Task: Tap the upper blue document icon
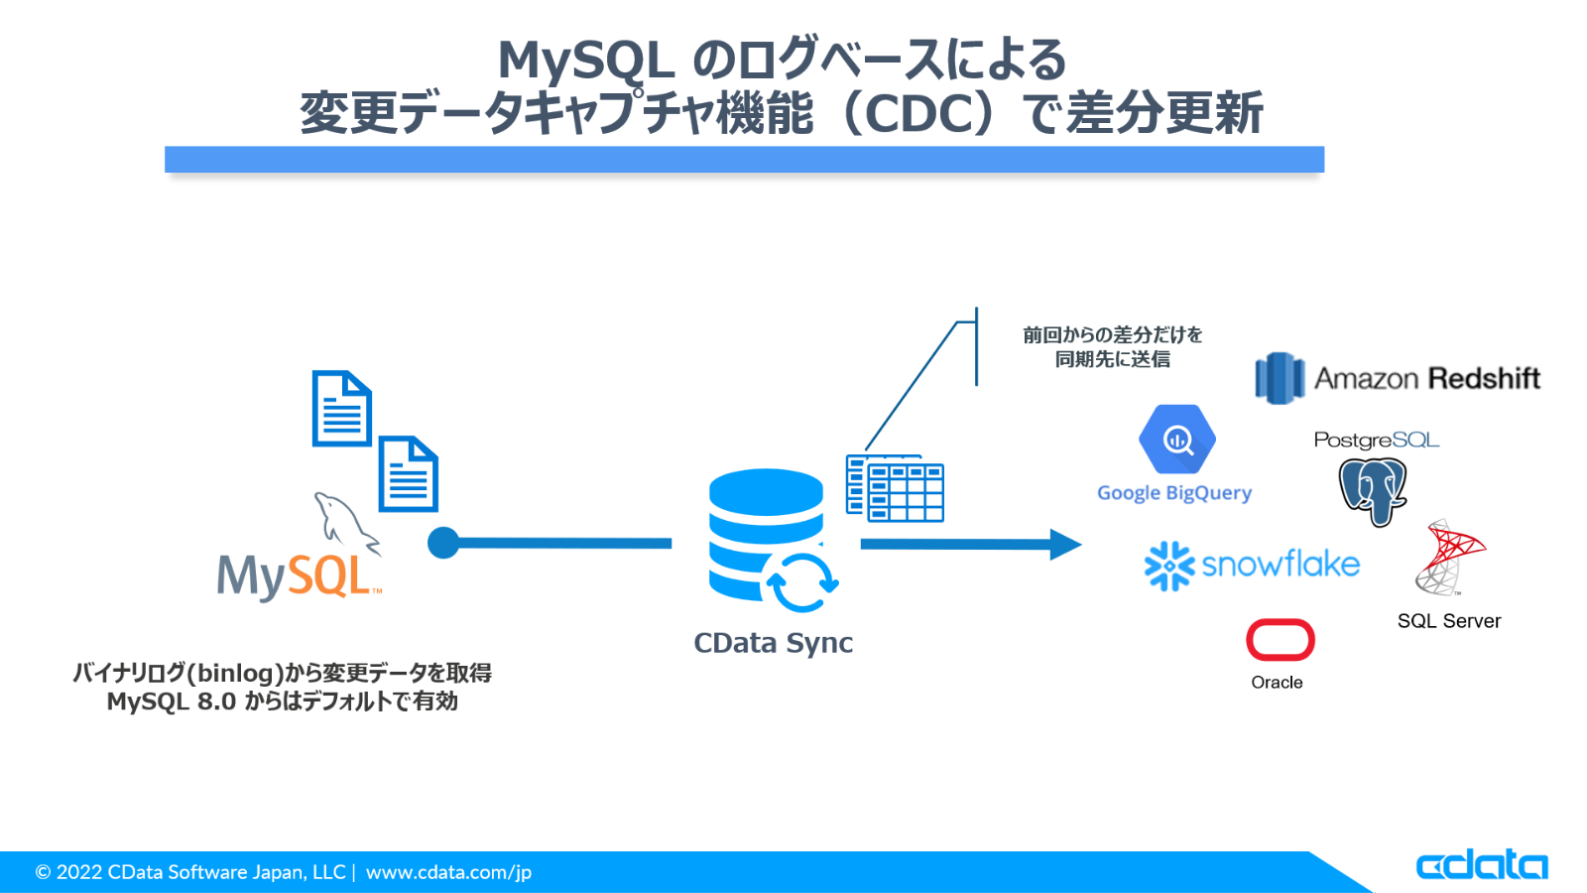pyautogui.click(x=341, y=409)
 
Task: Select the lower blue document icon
pyautogui.click(x=408, y=474)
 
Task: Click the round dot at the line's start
pyautogui.click(x=443, y=543)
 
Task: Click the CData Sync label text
pyautogui.click(x=773, y=643)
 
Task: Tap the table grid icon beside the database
pyautogui.click(x=895, y=488)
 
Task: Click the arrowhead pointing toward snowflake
pyautogui.click(x=1064, y=544)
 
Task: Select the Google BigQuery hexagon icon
pyautogui.click(x=1176, y=439)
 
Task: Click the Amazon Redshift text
pyautogui.click(x=1426, y=378)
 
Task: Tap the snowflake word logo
pyautogui.click(x=1280, y=565)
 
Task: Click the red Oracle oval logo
pyautogui.click(x=1281, y=640)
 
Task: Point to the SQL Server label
pyautogui.click(x=1448, y=621)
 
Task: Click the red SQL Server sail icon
pyautogui.click(x=1450, y=557)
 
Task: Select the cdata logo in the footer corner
pyautogui.click(x=1481, y=864)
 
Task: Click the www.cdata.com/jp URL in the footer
pyautogui.click(x=448, y=872)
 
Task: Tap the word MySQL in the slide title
pyautogui.click(x=586, y=60)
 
